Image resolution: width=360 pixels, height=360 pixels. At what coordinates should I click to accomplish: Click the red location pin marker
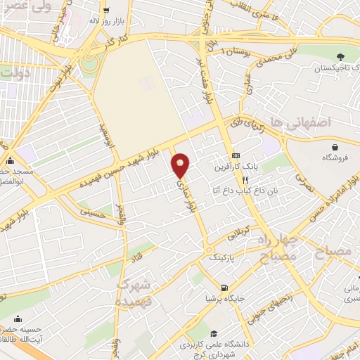click(181, 165)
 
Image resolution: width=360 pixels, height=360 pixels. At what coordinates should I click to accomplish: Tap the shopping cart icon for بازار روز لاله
click(105, 11)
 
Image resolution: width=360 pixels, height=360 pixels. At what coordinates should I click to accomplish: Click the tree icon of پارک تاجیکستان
click(341, 57)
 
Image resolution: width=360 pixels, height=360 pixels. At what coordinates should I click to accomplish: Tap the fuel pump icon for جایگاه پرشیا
click(224, 288)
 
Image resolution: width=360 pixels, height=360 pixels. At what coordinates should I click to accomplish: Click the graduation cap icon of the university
click(212, 333)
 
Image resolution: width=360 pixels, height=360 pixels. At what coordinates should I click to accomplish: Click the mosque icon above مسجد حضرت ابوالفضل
click(9, 160)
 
